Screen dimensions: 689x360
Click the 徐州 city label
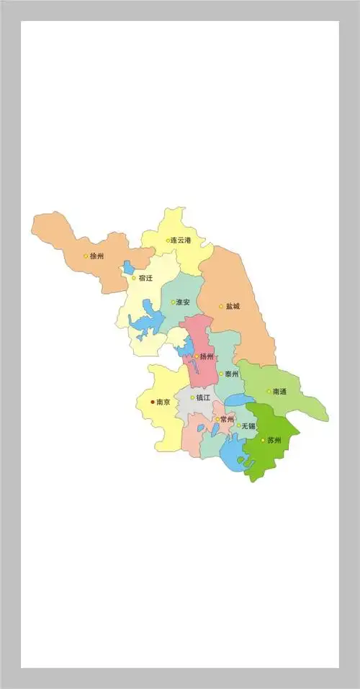[97, 256]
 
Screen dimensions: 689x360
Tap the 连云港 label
[181, 240]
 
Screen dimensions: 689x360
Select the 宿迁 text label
[145, 278]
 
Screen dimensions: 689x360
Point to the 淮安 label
[184, 302]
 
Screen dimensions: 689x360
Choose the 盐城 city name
[233, 306]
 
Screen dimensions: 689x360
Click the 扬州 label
[207, 356]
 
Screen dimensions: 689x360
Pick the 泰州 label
[232, 374]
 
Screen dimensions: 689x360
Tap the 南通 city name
[279, 392]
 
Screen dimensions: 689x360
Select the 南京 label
[163, 402]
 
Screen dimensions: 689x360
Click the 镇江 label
[203, 397]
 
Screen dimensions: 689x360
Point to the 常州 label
[228, 419]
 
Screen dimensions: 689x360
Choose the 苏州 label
[274, 440]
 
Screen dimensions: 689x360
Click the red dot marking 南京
[153, 402]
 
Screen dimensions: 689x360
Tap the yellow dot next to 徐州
[86, 256]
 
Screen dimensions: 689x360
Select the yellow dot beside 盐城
[221, 307]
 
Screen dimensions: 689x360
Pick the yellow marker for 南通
[269, 392]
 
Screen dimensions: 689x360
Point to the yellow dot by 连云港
[168, 240]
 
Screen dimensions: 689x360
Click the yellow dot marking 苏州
[263, 440]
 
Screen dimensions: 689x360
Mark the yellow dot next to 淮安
[173, 302]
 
